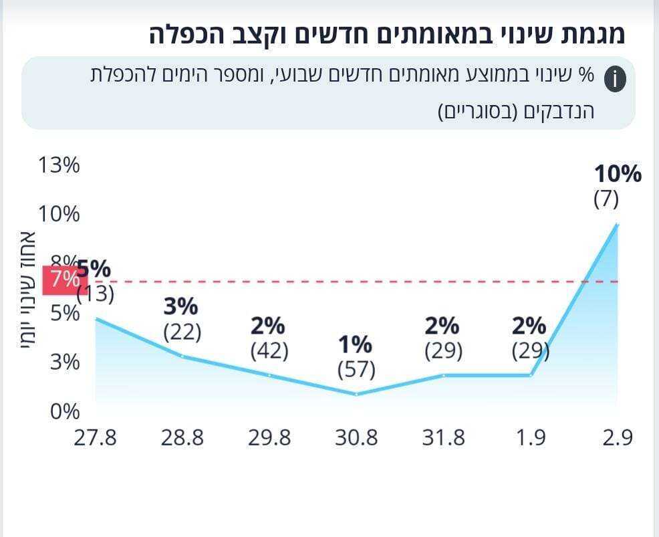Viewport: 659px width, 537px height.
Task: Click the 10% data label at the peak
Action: [618, 175]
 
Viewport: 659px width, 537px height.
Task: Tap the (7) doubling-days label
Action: [607, 199]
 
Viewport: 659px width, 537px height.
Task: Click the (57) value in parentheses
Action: [356, 369]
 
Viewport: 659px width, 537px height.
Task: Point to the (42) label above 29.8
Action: [269, 351]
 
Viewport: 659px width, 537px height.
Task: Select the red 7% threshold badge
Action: [60, 280]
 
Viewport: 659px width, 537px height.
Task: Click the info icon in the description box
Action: [615, 80]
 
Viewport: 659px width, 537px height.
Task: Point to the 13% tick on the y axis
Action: [59, 165]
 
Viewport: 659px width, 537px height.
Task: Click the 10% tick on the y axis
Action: [59, 214]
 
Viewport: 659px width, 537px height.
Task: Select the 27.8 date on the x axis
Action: [96, 438]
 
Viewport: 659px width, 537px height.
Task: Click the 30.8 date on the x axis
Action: [356, 438]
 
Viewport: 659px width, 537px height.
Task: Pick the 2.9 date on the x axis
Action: [617, 438]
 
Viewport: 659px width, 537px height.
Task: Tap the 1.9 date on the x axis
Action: [531, 438]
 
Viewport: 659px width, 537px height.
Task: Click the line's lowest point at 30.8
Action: [356, 394]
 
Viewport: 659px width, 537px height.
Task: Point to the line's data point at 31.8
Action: [443, 375]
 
